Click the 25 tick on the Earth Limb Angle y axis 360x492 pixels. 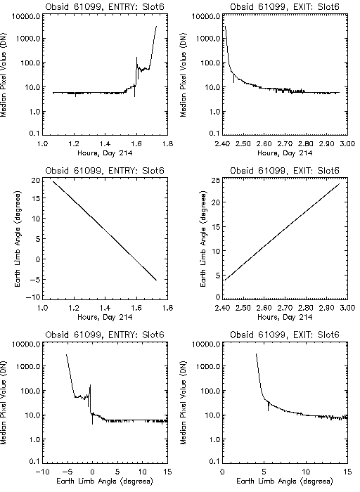[217, 180]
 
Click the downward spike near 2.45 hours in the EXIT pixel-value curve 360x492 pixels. [234, 78]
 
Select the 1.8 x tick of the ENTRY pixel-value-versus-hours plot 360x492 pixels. [168, 144]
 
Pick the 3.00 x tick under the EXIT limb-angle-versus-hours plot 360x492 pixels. [347, 308]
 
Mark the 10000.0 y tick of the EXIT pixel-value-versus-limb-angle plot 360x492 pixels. [208, 344]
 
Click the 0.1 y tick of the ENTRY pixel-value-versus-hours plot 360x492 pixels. [34, 134]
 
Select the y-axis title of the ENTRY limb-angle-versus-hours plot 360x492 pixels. [18, 238]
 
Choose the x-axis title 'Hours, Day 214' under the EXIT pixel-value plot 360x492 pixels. [285, 153]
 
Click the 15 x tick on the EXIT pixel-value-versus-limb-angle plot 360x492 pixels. [347, 472]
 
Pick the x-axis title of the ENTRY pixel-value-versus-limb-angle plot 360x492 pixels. [105, 481]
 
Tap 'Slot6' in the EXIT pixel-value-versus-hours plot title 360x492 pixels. [328, 6]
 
